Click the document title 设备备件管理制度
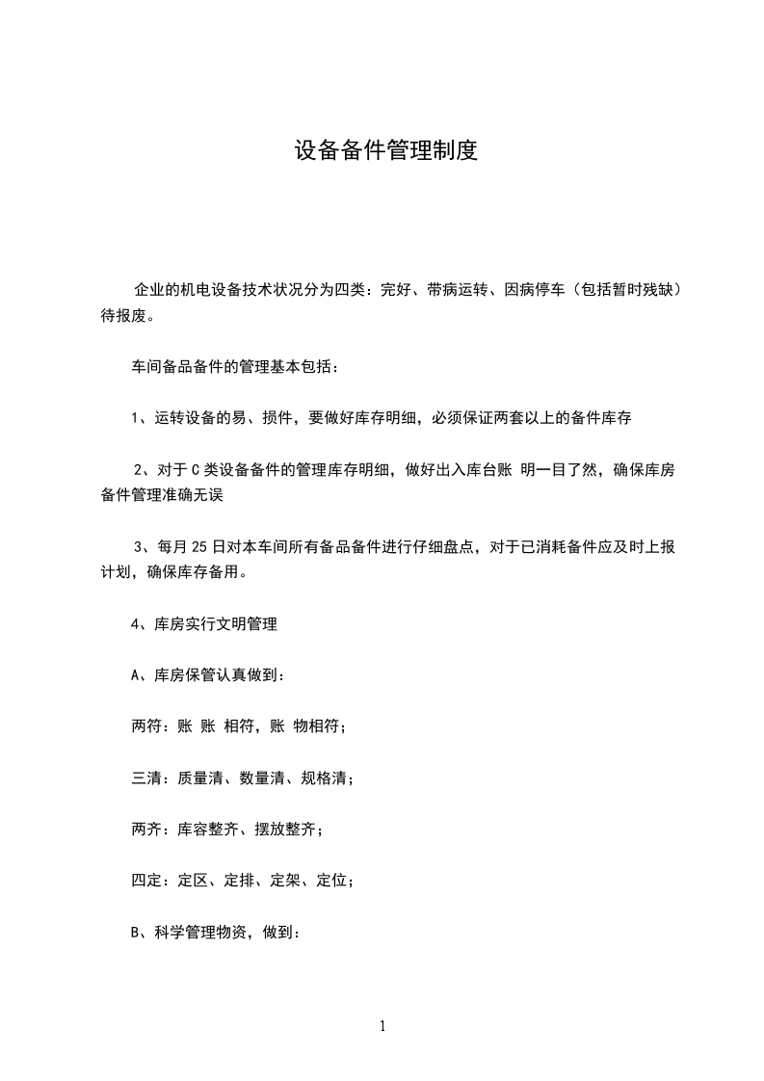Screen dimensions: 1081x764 (385, 151)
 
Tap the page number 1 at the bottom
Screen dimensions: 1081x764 (382, 1026)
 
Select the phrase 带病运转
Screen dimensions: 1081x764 (459, 289)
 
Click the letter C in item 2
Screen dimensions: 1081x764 (195, 470)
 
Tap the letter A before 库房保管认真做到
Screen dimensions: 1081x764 (136, 675)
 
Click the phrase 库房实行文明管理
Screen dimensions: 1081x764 (216, 623)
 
